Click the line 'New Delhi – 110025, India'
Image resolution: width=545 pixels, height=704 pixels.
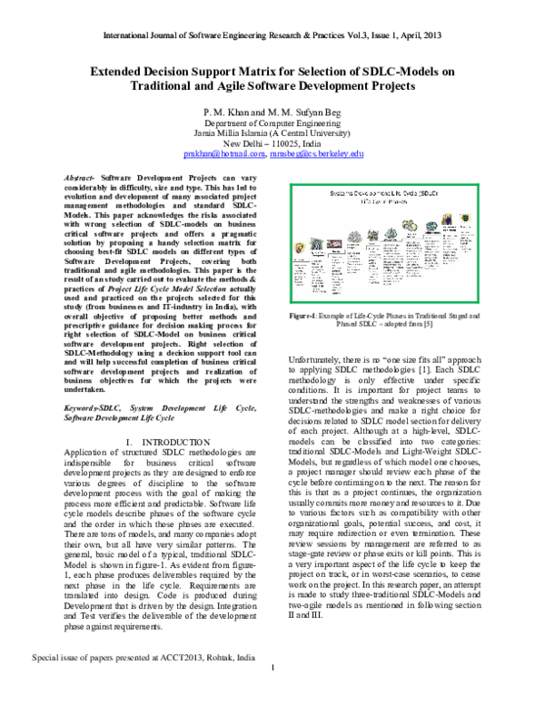(272, 143)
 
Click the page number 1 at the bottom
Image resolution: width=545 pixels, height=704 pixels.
(272, 694)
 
